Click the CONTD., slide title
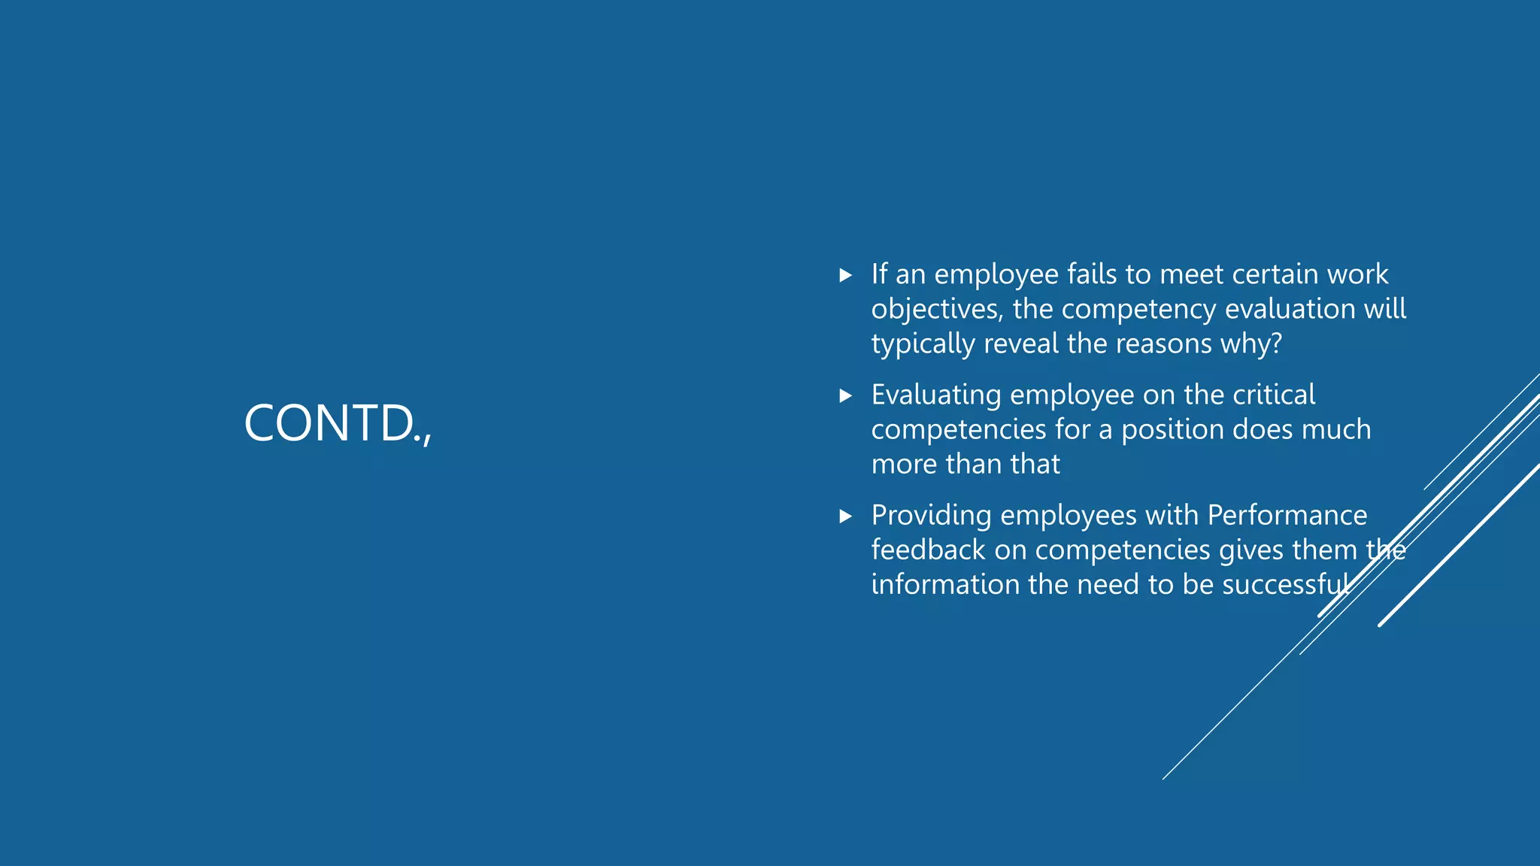click(338, 423)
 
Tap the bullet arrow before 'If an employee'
click(846, 275)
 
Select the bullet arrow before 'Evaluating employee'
click(846, 395)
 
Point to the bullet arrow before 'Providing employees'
click(846, 516)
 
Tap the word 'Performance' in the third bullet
click(1287, 516)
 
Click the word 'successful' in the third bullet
click(1286, 585)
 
